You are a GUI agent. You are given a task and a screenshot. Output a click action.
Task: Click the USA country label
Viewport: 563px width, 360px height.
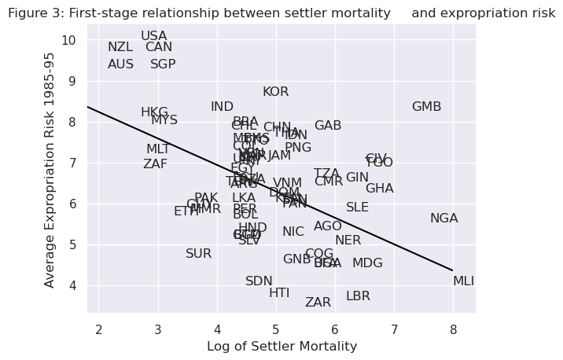(x=153, y=36)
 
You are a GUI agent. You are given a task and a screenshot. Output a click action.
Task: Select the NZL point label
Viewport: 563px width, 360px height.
(x=120, y=47)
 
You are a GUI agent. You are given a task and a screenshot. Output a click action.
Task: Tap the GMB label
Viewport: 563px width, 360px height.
(x=426, y=107)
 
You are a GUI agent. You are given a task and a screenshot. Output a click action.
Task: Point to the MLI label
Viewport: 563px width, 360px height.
(x=463, y=281)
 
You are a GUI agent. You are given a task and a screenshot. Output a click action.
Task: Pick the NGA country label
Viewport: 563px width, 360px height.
(x=443, y=219)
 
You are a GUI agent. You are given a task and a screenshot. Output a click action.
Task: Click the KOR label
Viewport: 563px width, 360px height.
(x=275, y=92)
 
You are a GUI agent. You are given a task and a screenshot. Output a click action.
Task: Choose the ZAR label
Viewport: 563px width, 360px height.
(x=318, y=303)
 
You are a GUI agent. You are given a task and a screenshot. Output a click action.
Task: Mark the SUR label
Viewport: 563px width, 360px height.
(x=198, y=254)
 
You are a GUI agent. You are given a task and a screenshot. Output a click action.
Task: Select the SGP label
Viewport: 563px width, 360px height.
(x=163, y=64)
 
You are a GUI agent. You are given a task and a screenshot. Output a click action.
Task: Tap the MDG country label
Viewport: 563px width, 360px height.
(x=367, y=263)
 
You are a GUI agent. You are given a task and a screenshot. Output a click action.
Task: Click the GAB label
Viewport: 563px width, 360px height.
(x=328, y=126)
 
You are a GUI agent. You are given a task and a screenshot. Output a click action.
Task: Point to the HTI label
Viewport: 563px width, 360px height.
(x=279, y=293)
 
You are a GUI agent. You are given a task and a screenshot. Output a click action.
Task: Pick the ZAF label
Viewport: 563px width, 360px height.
(x=155, y=164)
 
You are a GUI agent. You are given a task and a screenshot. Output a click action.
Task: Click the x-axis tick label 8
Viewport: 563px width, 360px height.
(x=453, y=329)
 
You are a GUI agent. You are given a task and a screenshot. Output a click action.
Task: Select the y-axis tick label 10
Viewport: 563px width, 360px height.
(x=69, y=40)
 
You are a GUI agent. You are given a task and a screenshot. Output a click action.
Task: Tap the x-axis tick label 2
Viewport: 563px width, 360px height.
(x=99, y=329)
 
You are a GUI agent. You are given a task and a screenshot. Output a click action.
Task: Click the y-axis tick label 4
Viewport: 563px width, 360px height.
(x=72, y=285)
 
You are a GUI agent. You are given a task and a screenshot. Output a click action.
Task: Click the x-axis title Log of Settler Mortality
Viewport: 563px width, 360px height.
(x=281, y=347)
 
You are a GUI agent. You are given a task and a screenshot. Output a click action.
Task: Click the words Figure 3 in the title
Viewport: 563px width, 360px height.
(x=35, y=13)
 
